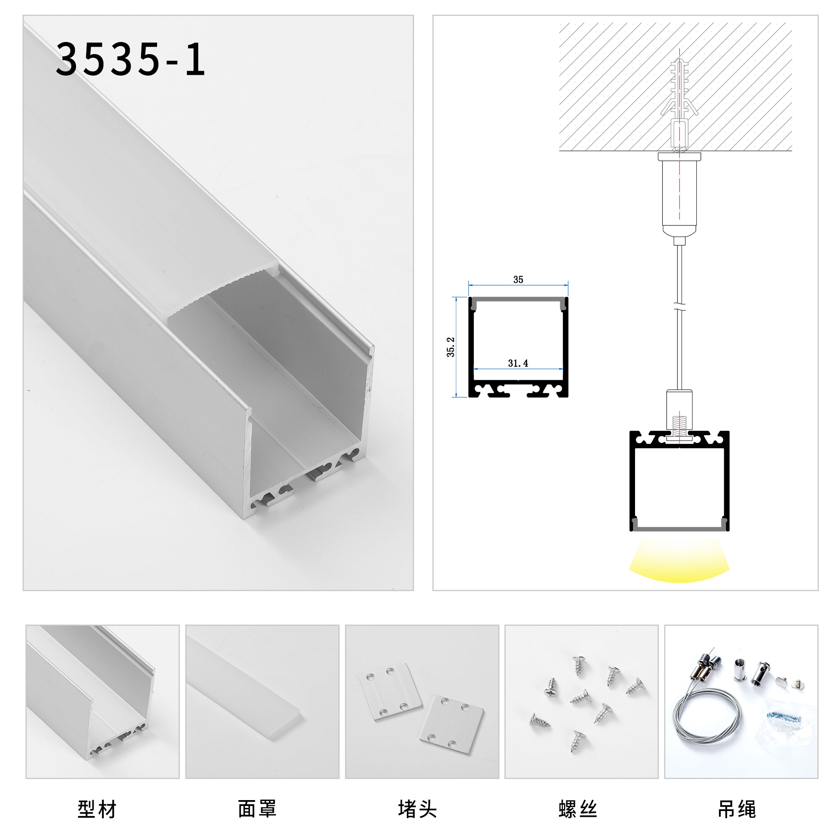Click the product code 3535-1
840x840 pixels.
130,59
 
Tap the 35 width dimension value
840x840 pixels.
518,280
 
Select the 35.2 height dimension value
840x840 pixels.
450,346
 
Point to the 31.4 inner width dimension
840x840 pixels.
518,363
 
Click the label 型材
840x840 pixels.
97,809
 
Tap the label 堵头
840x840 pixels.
417,809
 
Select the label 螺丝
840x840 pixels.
577,809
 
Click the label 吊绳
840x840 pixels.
737,809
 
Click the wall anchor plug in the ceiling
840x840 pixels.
679,104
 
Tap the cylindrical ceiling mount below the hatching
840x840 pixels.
679,194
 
